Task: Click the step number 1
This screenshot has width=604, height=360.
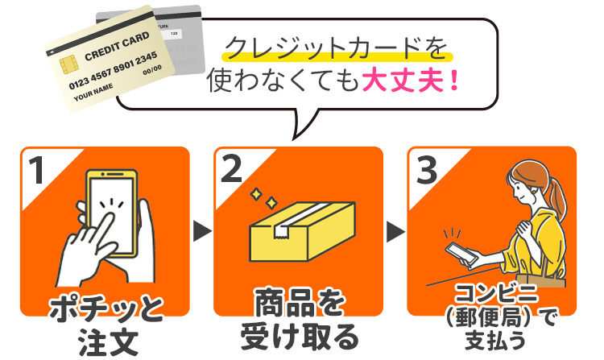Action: pyautogui.click(x=37, y=171)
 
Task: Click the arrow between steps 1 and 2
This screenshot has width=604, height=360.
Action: pyautogui.click(x=201, y=234)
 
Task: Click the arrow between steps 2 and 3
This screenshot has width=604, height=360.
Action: pyautogui.click(x=395, y=234)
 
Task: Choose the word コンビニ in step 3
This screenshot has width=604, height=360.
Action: pyautogui.click(x=492, y=292)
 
